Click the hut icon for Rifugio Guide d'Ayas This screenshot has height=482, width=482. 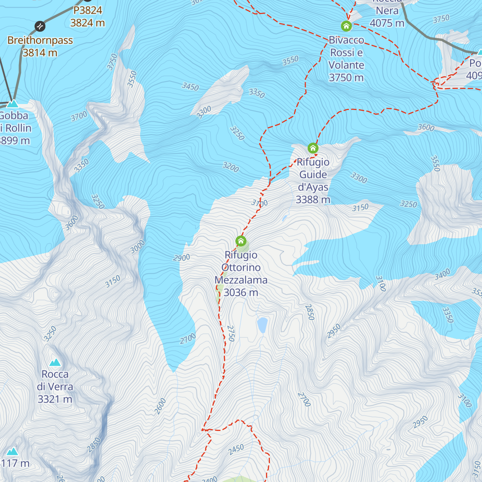click(x=313, y=148)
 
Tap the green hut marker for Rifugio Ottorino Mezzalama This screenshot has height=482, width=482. click(x=241, y=241)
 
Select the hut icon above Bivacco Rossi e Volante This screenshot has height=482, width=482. click(x=346, y=26)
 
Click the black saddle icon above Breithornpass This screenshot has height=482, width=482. click(x=40, y=27)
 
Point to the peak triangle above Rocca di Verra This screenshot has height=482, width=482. click(x=55, y=362)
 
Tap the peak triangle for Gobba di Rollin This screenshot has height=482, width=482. click(x=13, y=104)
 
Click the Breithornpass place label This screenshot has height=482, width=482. click(x=40, y=40)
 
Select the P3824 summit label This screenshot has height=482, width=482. click(x=88, y=10)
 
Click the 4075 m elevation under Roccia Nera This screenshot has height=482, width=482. click(x=387, y=23)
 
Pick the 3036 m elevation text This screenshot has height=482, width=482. click(x=241, y=292)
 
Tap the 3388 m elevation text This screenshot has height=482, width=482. click(x=313, y=200)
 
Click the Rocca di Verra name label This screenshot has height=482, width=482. click(x=55, y=380)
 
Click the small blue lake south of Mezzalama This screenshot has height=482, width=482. click(x=262, y=325)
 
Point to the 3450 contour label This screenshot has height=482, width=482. click(x=190, y=86)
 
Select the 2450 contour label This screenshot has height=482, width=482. click(x=236, y=449)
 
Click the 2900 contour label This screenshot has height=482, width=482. click(x=182, y=257)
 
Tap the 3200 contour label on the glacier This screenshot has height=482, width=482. click(x=231, y=167)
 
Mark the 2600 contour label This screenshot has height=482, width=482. click(x=160, y=406)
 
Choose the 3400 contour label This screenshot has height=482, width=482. click(x=442, y=275)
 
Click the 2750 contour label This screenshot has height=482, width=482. click(x=231, y=333)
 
